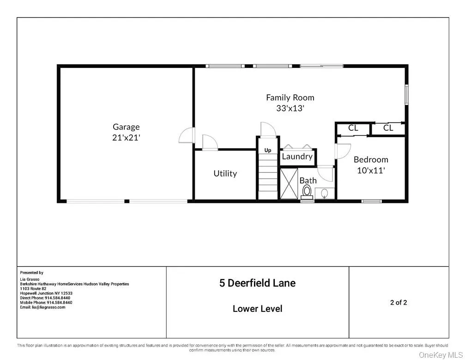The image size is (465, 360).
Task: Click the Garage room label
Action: [126, 127]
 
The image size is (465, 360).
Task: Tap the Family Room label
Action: [290, 98]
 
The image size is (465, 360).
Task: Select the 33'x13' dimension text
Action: [290, 109]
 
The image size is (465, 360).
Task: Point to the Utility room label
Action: [225, 173]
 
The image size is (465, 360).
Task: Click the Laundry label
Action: [297, 156]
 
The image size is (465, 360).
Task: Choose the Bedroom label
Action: [371, 159]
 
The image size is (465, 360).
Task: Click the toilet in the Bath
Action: [307, 191]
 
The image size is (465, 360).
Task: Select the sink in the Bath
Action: [325, 193]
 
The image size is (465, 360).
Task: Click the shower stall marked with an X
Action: [290, 184]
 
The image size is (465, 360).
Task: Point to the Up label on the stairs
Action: [268, 150]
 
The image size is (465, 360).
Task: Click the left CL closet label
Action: [353, 128]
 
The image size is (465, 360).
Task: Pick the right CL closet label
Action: [388, 128]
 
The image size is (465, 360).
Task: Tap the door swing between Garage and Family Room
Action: [186, 135]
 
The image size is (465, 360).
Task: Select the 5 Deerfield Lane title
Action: [257, 283]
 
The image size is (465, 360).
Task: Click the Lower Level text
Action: [257, 309]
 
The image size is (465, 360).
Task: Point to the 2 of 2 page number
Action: [398, 303]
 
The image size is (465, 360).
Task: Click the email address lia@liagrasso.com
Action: [43, 307]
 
